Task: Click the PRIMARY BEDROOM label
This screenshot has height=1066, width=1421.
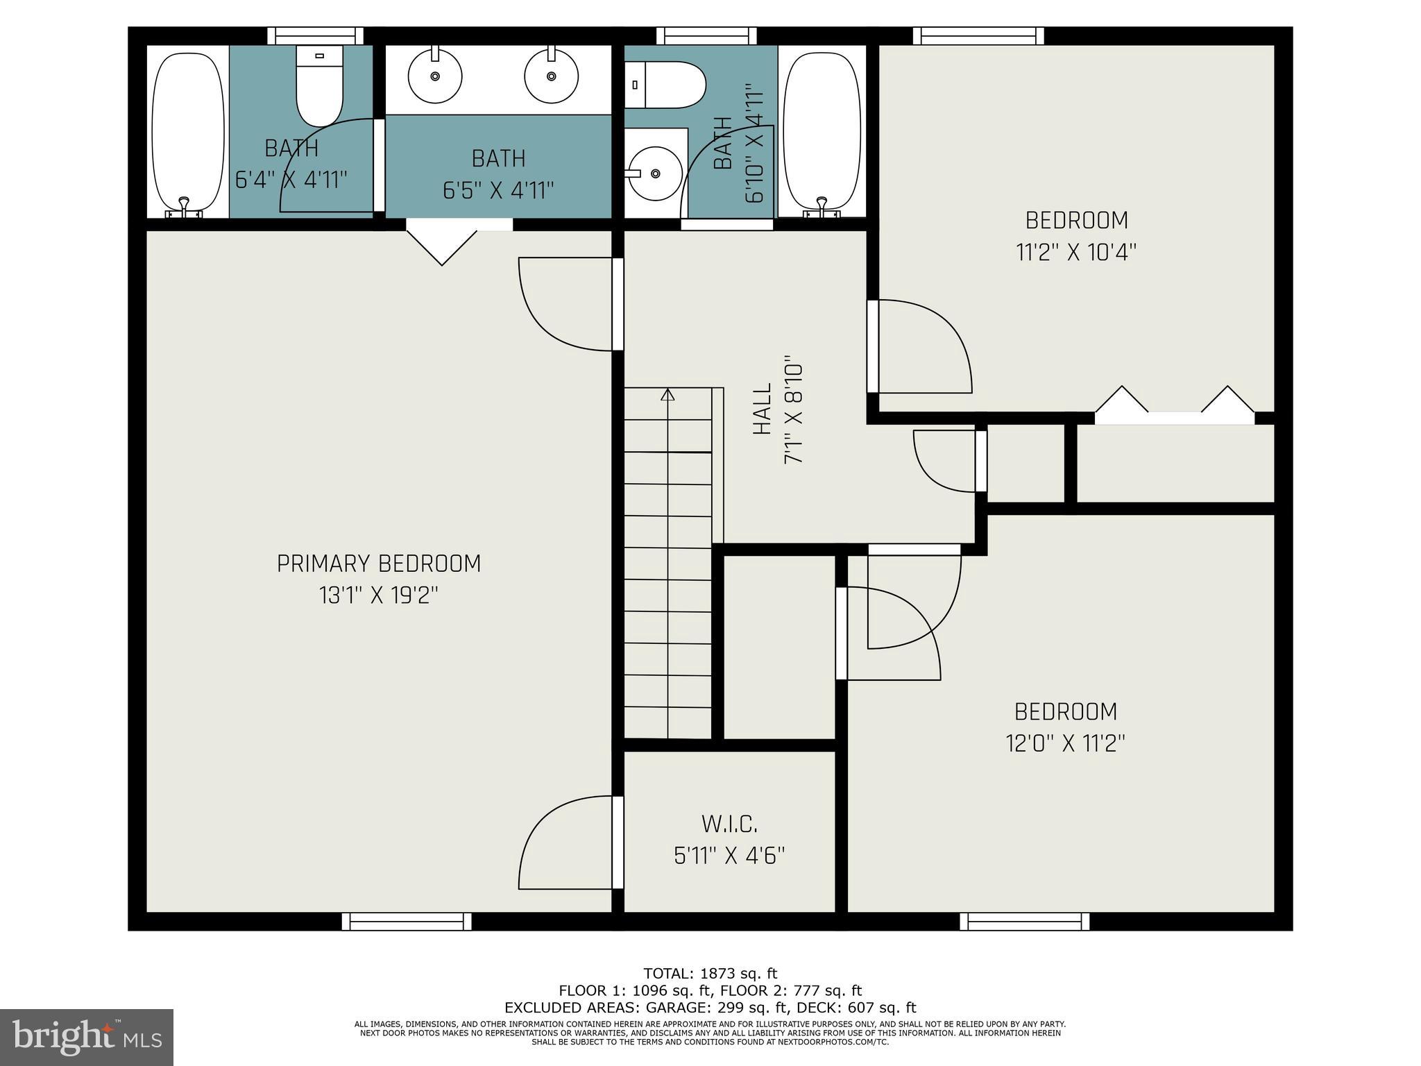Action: pyautogui.click(x=379, y=564)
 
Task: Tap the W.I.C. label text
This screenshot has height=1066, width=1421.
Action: pyautogui.click(x=729, y=824)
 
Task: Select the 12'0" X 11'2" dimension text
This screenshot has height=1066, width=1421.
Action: pyautogui.click(x=1065, y=744)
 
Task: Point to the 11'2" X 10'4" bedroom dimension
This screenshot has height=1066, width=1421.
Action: pyautogui.click(x=1076, y=252)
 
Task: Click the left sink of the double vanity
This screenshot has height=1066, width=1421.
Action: pyautogui.click(x=435, y=74)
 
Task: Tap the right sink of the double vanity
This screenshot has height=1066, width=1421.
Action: pyautogui.click(x=551, y=74)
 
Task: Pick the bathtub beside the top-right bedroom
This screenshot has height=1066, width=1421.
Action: pyautogui.click(x=822, y=132)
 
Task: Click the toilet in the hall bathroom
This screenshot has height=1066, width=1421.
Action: pyautogui.click(x=665, y=85)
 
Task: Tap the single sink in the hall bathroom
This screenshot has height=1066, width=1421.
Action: pyautogui.click(x=654, y=174)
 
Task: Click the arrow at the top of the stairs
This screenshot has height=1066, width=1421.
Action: pyautogui.click(x=667, y=395)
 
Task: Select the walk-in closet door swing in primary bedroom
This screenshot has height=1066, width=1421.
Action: pyautogui.click(x=565, y=843)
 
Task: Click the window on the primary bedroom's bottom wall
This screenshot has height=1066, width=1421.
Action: pyautogui.click(x=407, y=922)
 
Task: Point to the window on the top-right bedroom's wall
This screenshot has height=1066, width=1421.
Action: pyautogui.click(x=978, y=36)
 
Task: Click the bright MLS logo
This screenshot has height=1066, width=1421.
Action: pyautogui.click(x=87, y=1038)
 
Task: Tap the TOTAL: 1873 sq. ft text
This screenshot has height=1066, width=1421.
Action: pyautogui.click(x=710, y=974)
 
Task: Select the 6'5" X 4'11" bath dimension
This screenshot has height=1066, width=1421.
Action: pyautogui.click(x=498, y=190)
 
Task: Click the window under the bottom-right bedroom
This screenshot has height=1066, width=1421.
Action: pyautogui.click(x=1024, y=922)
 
